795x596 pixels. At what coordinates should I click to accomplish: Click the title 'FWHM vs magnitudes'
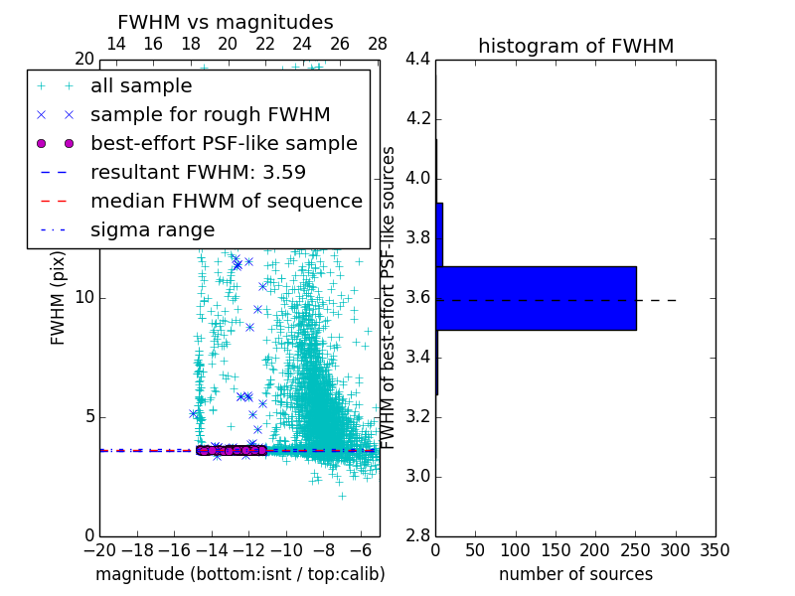click(x=226, y=23)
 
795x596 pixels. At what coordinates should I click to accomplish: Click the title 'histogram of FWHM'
click(x=575, y=46)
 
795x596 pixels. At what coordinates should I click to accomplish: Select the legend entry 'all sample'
click(x=141, y=85)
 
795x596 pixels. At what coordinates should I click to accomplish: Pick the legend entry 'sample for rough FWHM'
click(x=210, y=114)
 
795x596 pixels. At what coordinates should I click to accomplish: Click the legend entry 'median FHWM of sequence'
click(x=226, y=201)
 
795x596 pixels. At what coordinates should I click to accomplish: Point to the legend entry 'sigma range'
click(x=152, y=229)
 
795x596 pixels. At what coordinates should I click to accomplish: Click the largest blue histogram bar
click(x=536, y=298)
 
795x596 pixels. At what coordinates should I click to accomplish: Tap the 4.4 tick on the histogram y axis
click(x=417, y=60)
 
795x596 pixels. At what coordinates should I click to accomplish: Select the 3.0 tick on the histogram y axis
click(x=417, y=476)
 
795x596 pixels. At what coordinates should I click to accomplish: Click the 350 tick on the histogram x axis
click(x=715, y=549)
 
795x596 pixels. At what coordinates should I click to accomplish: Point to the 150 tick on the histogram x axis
click(x=556, y=549)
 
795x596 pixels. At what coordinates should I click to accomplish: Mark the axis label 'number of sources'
click(x=575, y=574)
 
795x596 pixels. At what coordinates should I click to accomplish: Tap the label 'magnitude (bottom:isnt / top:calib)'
click(x=239, y=574)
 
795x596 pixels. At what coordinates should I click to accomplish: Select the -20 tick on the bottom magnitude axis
click(x=99, y=549)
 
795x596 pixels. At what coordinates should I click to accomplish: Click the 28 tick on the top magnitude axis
click(x=378, y=44)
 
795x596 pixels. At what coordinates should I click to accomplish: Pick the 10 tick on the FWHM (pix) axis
click(x=84, y=297)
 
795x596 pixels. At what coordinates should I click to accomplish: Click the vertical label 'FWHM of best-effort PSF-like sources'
click(x=389, y=297)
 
